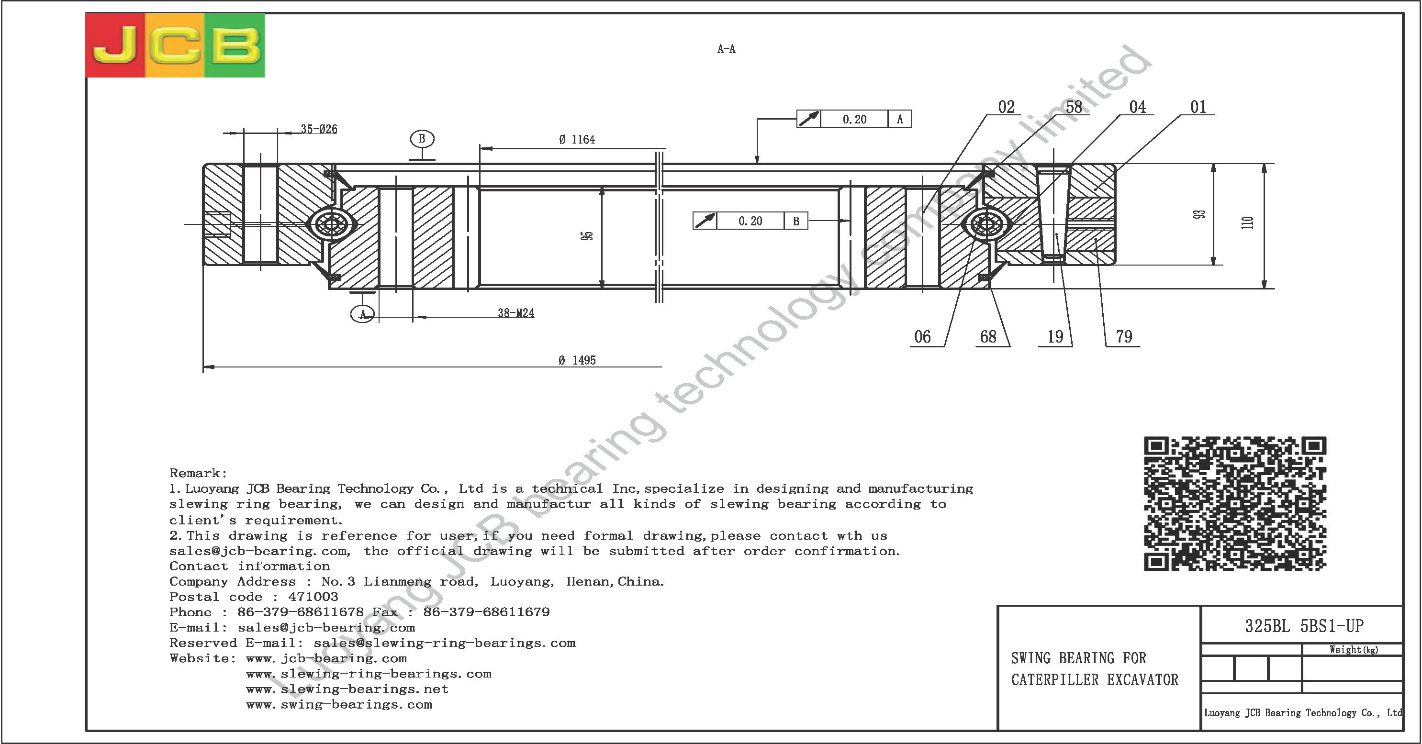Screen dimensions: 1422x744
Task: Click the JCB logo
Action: coord(174,45)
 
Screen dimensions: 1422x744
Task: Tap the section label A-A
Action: coord(726,49)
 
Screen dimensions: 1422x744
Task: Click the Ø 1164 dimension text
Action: coord(577,140)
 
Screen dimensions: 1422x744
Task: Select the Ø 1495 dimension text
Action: coord(577,360)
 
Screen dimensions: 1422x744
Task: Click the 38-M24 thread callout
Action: coord(515,313)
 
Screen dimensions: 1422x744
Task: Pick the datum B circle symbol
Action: coord(422,139)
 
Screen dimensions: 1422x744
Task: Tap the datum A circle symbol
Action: coord(363,314)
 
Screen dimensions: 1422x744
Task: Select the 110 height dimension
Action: coord(1247,222)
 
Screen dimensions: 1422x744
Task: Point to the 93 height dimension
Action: coord(1199,214)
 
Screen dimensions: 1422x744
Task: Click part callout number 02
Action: coord(1007,107)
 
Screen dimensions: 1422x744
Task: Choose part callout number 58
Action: coord(1074,107)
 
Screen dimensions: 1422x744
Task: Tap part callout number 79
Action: coord(1124,337)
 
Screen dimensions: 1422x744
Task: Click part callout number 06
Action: coord(922,337)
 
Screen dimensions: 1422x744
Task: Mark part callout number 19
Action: coord(1055,337)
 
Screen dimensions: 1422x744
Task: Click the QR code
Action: coord(1235,503)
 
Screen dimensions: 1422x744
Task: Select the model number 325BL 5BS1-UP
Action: coord(1304,626)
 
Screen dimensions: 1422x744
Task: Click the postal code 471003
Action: coord(313,597)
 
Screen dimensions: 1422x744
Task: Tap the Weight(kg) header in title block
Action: coord(1354,650)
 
